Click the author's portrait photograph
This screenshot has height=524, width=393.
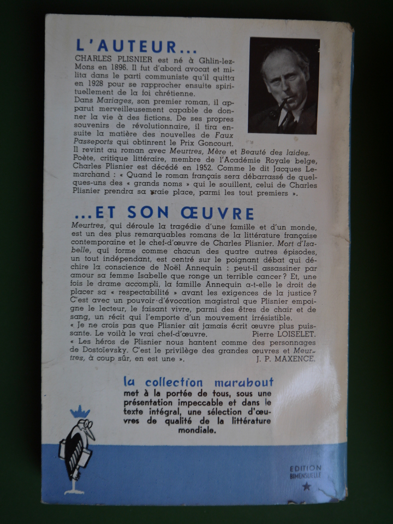point(283,86)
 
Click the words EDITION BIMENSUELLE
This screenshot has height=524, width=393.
point(306,472)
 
